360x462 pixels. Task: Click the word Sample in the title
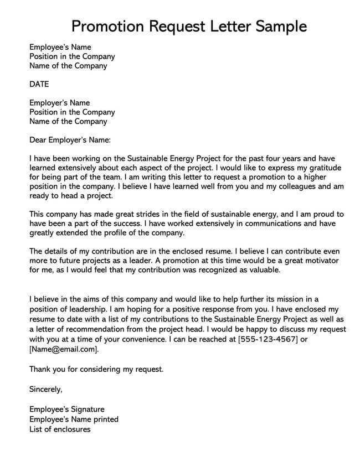(276, 26)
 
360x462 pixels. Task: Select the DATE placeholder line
(39, 84)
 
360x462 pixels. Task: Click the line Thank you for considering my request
(97, 368)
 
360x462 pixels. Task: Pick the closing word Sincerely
(46, 390)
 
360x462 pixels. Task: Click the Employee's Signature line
(66, 409)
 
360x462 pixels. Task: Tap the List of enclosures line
(60, 429)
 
